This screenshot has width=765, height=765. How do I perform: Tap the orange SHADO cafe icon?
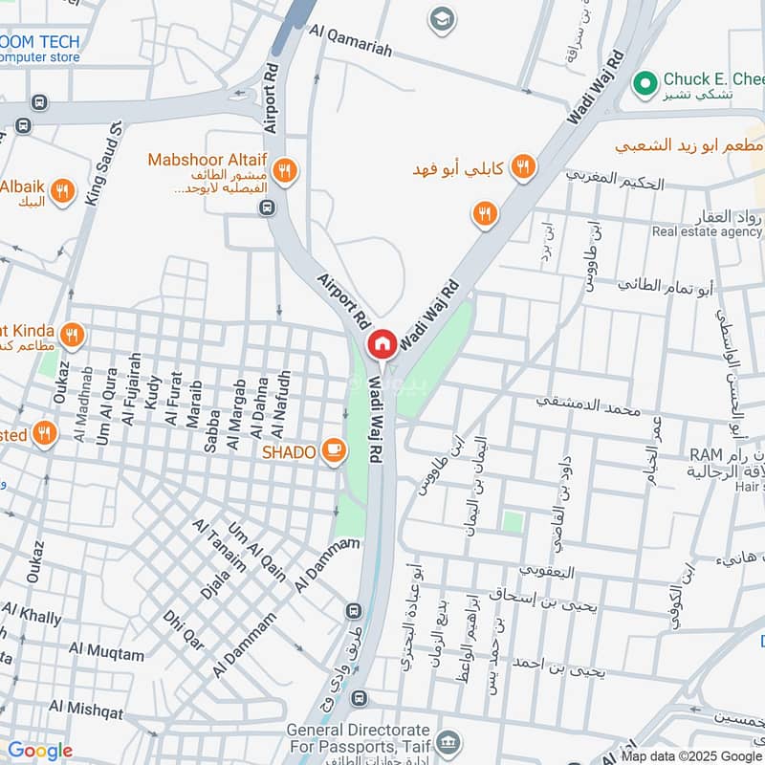334,449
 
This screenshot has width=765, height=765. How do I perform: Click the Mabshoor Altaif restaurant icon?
283,172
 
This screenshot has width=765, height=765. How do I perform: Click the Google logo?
39,751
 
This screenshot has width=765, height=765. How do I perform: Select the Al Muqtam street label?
106,654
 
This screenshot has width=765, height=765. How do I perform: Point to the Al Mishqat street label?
86,710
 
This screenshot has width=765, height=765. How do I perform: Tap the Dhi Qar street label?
183,630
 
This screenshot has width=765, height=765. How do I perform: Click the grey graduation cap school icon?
442,20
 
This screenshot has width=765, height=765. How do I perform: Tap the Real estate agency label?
707,231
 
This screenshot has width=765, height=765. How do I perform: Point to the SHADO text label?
290,451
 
